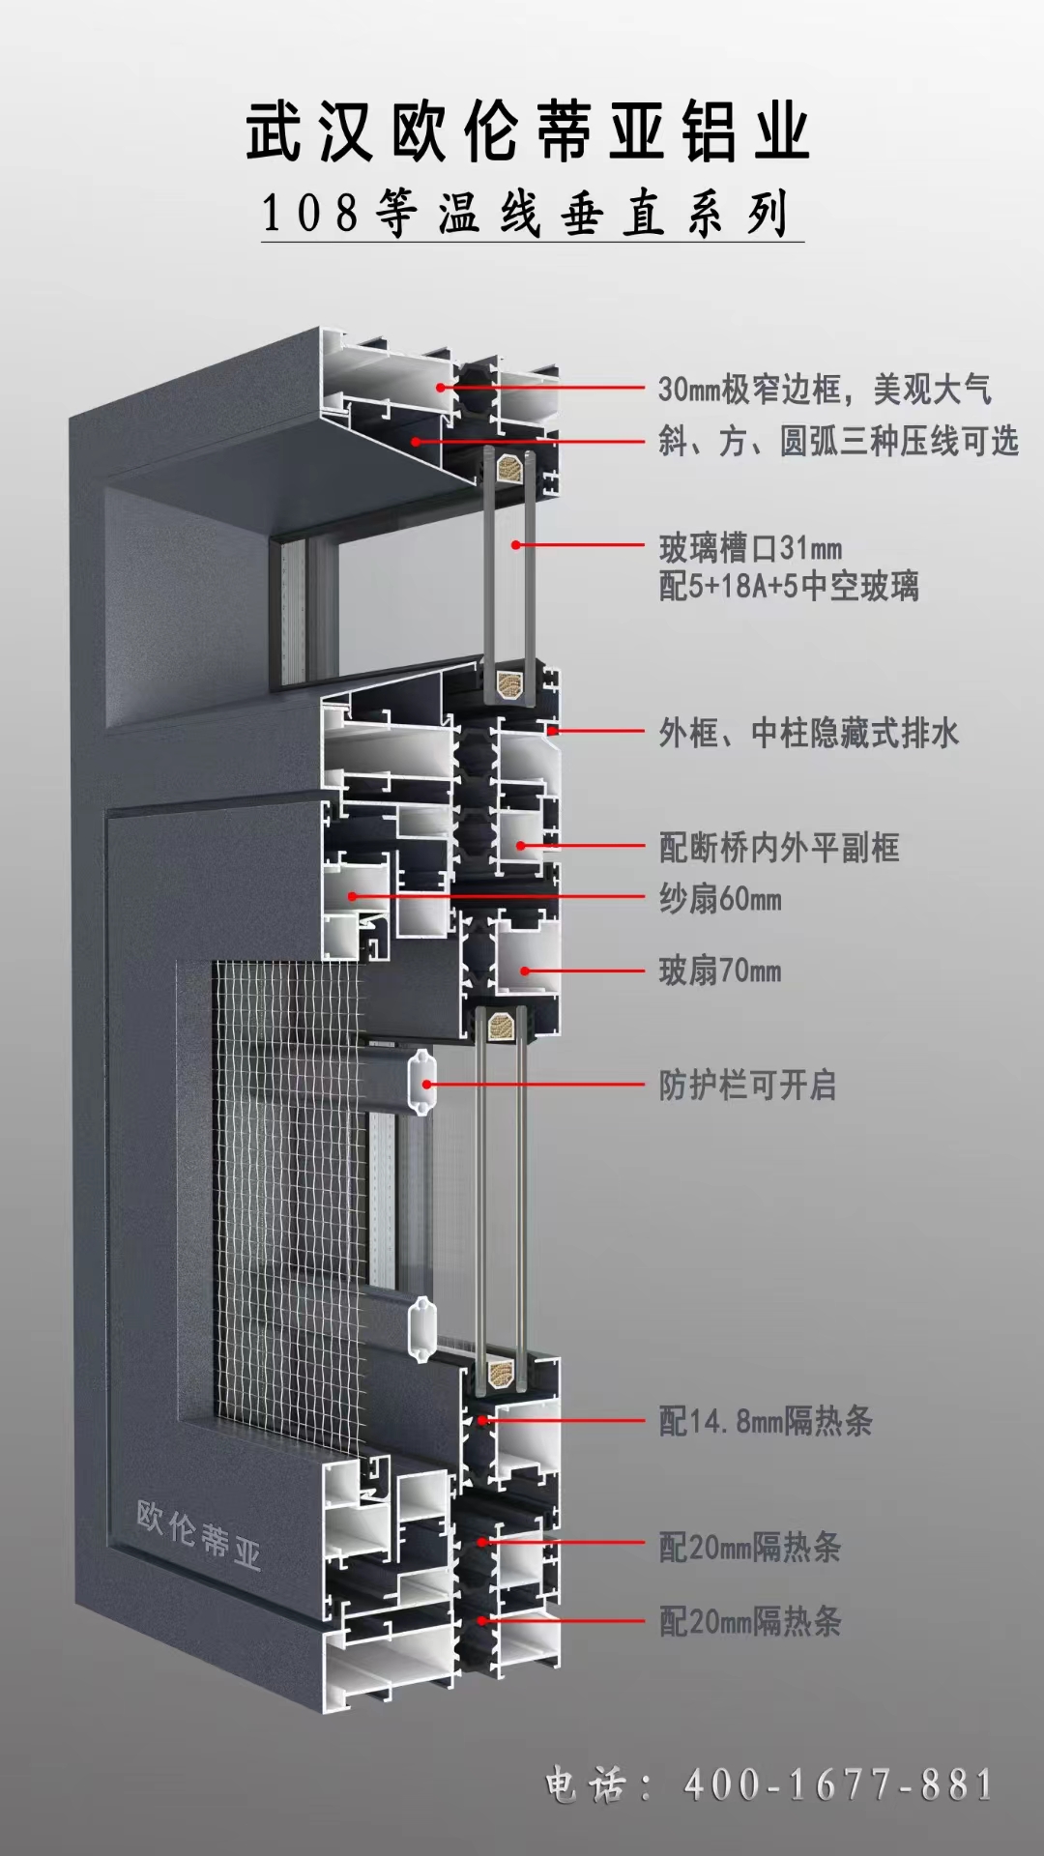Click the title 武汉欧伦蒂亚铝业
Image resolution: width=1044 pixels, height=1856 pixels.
coord(528,131)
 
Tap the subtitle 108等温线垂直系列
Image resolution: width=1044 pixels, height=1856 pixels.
coord(526,214)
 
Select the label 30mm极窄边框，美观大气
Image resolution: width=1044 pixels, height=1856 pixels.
coord(825,390)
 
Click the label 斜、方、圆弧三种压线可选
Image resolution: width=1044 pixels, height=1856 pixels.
coord(838,442)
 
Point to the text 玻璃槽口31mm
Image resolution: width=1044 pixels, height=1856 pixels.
coord(750,548)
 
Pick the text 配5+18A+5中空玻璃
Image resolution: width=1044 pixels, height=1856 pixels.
coord(789,586)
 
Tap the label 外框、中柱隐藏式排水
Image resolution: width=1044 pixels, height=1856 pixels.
coord(808,733)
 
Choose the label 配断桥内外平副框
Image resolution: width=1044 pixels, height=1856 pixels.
coord(779,848)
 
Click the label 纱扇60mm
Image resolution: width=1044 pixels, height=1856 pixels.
coord(720,899)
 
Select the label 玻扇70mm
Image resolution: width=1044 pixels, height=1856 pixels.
coord(720,971)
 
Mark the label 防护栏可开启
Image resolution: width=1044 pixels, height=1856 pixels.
coord(747,1085)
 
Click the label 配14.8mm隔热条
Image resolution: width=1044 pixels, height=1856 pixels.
coord(766,1421)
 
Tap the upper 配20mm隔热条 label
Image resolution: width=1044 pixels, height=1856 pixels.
coord(750,1548)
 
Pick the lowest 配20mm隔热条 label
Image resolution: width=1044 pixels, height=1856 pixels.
coord(750,1621)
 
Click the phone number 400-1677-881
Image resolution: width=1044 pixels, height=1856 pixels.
coord(839,1784)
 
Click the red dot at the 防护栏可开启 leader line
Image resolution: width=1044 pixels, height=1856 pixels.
coord(426,1085)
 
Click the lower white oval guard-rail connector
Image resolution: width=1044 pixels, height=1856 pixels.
coord(422,1329)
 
